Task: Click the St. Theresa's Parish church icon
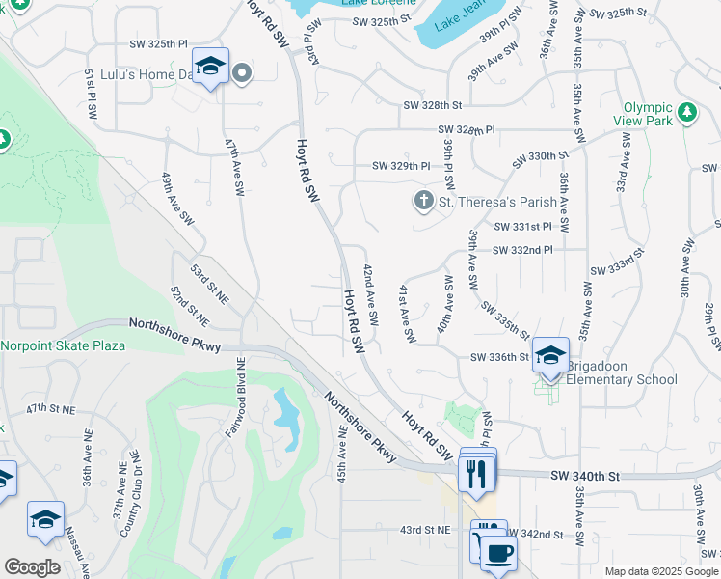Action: pyautogui.click(x=422, y=202)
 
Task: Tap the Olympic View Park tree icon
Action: pyautogui.click(x=687, y=113)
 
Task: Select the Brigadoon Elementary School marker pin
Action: pyautogui.click(x=550, y=355)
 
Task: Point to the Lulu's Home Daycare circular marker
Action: pyautogui.click(x=242, y=72)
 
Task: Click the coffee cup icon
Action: pyautogui.click(x=498, y=554)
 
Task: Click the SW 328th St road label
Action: pyautogui.click(x=433, y=104)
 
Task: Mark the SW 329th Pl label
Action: pyautogui.click(x=401, y=166)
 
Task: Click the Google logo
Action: pyautogui.click(x=33, y=567)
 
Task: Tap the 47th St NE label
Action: pyautogui.click(x=50, y=409)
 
